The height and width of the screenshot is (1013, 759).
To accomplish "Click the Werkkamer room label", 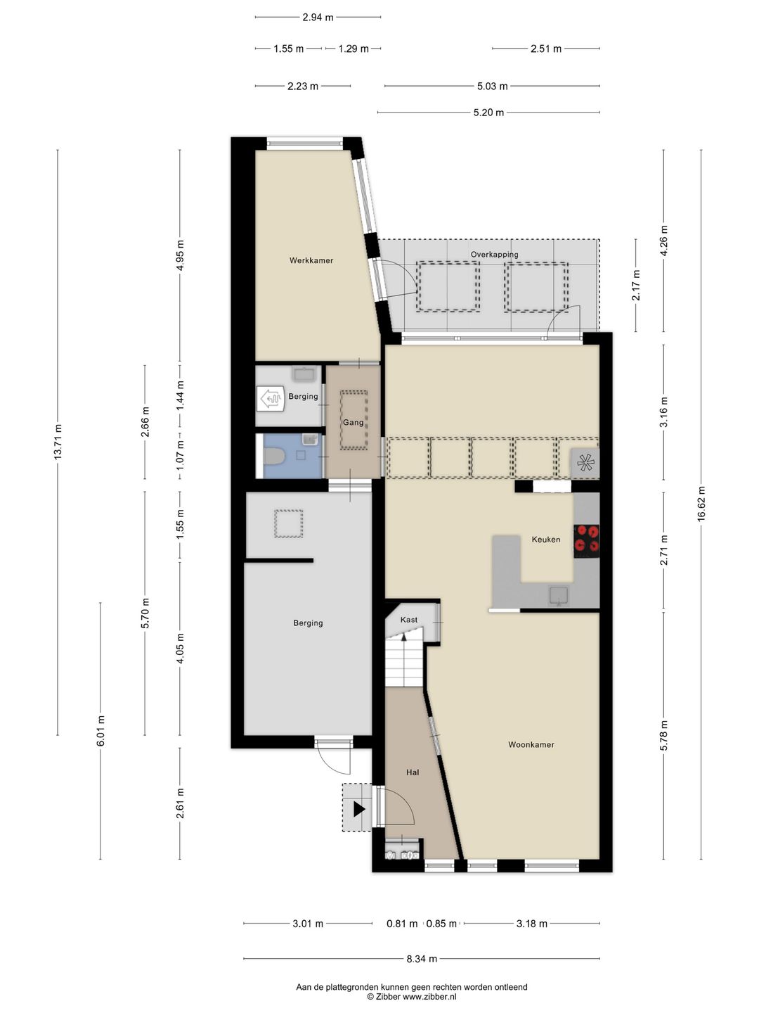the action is (311, 260).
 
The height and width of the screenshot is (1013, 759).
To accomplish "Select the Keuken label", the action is (545, 540).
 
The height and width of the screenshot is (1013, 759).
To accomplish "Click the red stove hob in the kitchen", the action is (586, 539).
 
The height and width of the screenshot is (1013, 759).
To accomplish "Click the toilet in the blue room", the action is (275, 456).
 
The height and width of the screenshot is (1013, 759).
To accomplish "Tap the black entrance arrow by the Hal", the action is (359, 810).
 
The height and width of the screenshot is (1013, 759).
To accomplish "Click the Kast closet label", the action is (409, 620).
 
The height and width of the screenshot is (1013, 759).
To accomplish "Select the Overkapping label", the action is (494, 254).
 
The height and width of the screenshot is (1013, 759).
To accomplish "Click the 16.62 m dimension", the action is (701, 504).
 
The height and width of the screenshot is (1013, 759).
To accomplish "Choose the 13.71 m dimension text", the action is (58, 442).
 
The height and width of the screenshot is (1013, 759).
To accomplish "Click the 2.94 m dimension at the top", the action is (318, 18).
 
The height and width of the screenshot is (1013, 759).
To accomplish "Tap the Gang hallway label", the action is (353, 422).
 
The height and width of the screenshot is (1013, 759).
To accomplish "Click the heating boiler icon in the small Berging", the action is (271, 399).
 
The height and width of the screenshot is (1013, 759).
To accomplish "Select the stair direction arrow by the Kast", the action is (404, 637).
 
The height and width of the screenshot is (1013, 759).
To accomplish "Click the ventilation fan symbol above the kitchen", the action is (585, 463).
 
